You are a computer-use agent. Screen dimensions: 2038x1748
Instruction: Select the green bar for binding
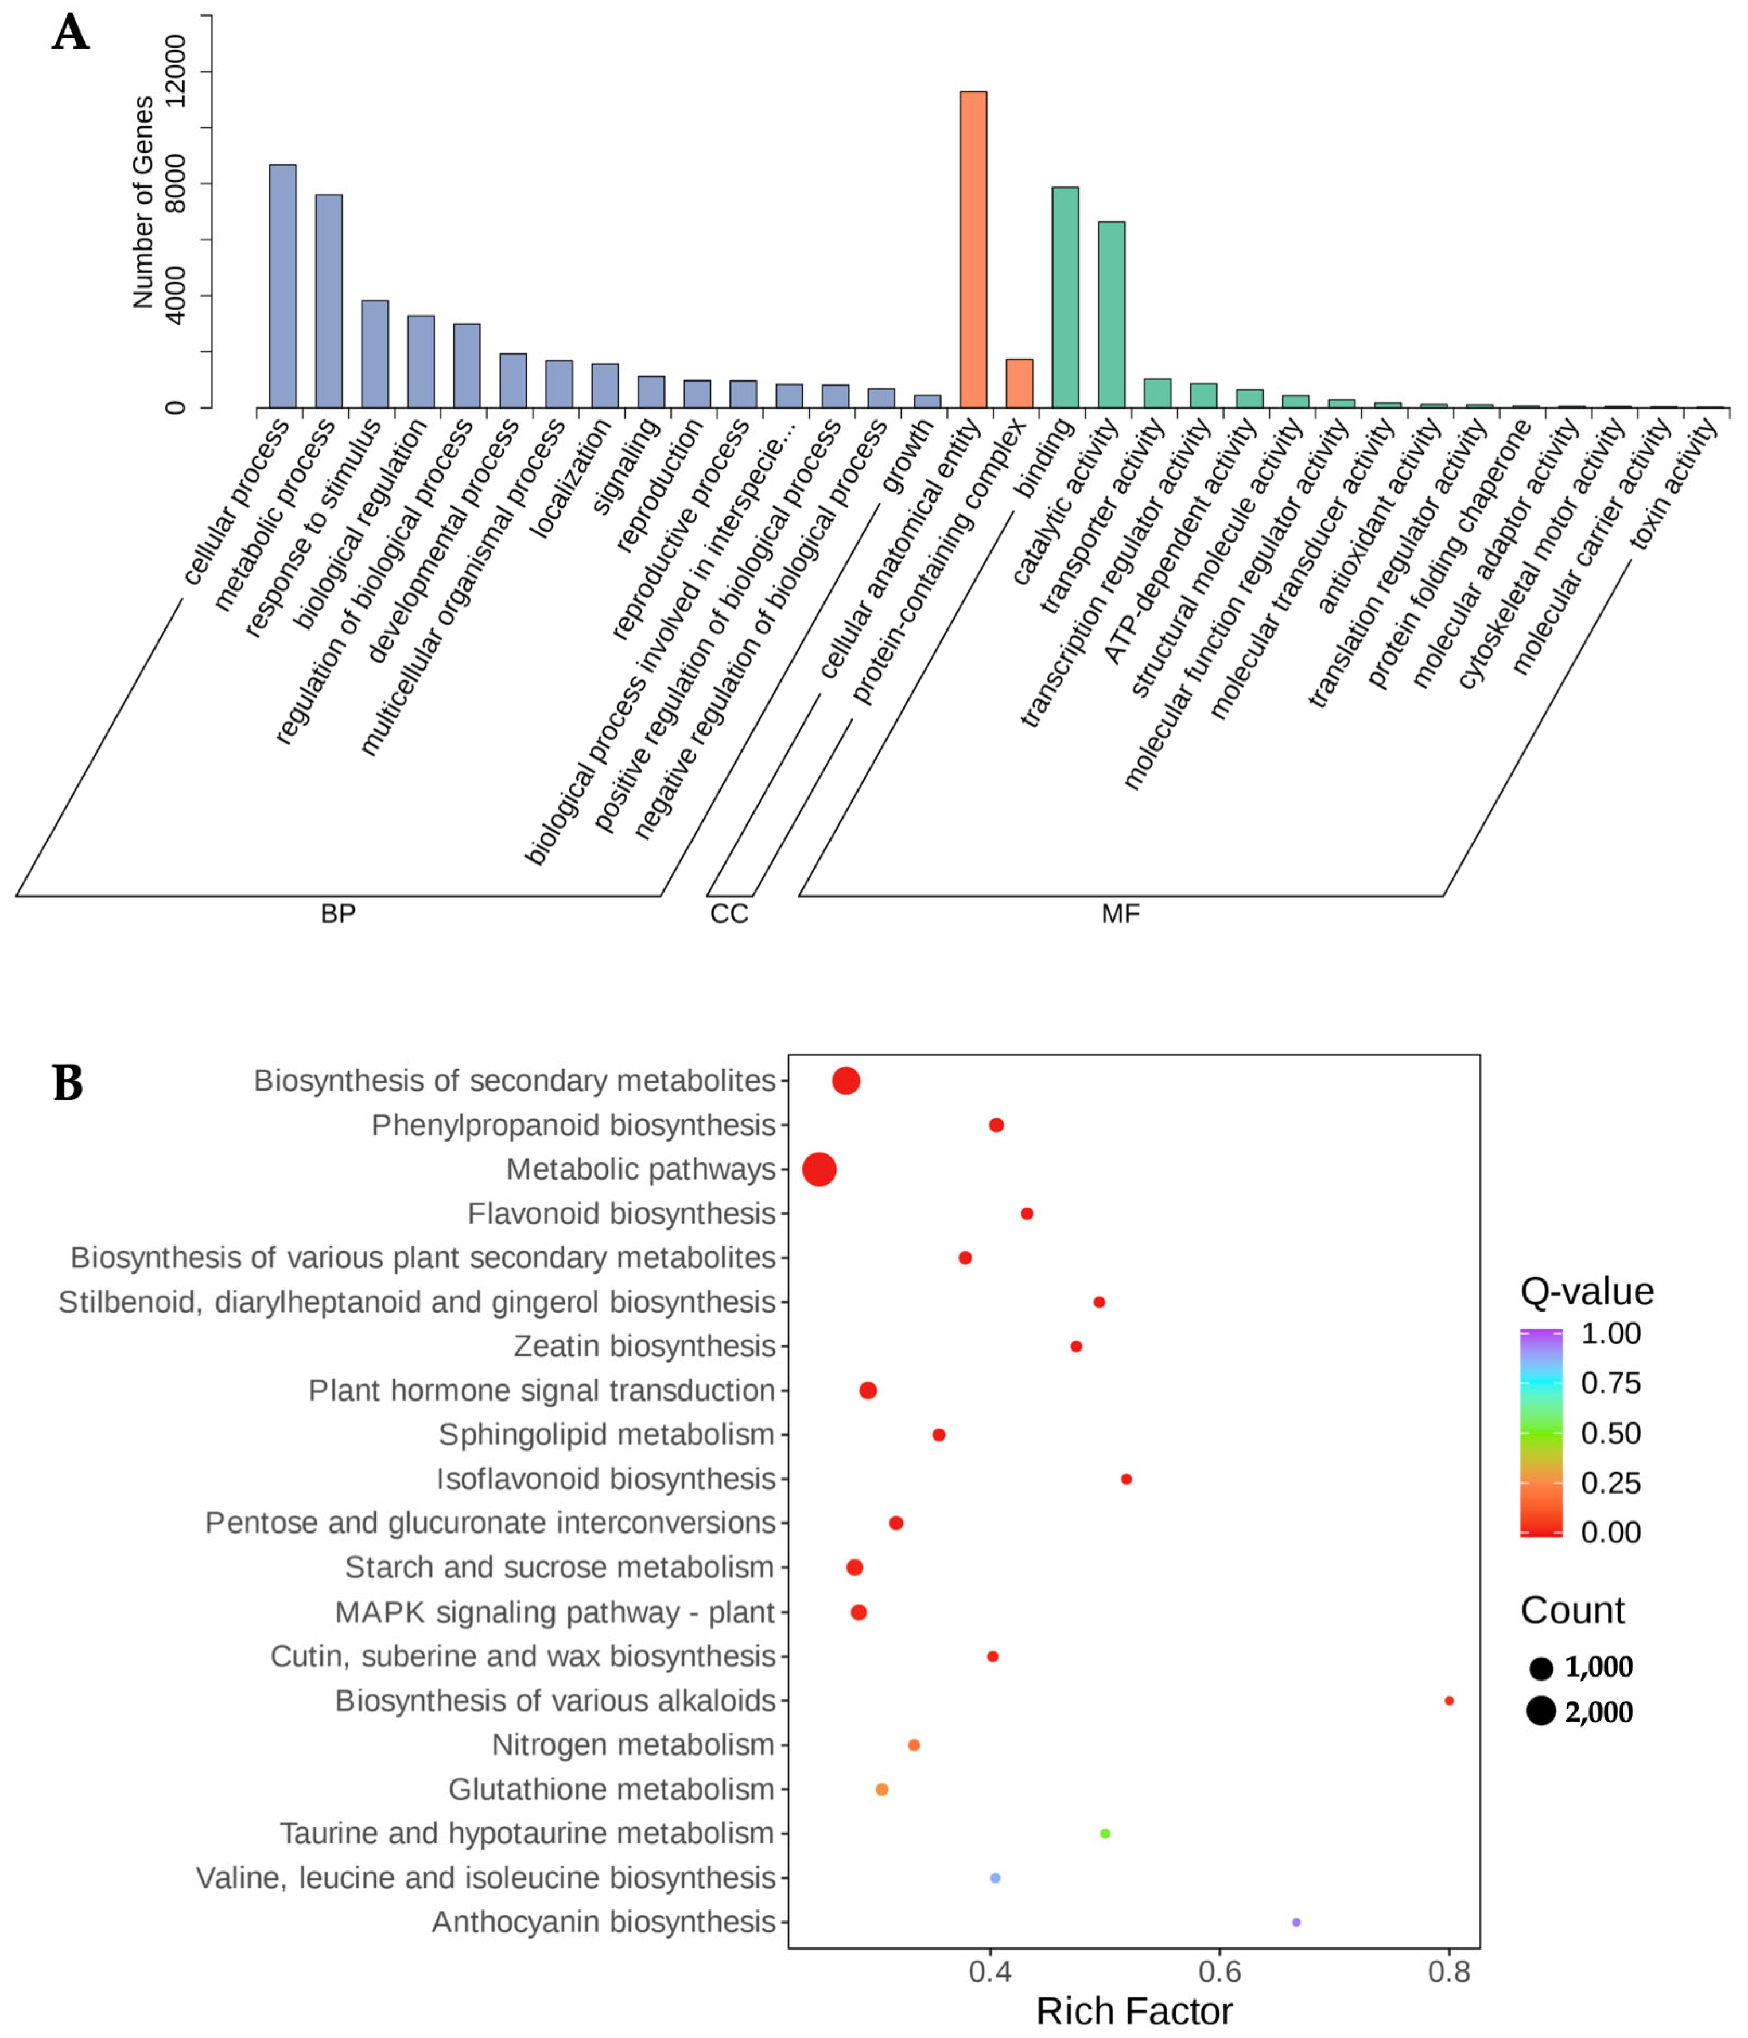[x=1065, y=297]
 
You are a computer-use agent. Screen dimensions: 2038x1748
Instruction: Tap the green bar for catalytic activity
[x=1112, y=315]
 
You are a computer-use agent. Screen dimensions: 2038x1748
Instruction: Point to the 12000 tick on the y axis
[x=175, y=71]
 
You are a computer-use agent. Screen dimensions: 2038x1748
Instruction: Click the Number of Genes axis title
[x=143, y=201]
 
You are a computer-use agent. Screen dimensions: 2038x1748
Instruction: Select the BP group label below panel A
[x=337, y=914]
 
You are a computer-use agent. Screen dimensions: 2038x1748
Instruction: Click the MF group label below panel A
[x=1120, y=914]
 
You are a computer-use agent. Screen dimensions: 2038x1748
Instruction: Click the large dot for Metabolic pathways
[x=819, y=1169]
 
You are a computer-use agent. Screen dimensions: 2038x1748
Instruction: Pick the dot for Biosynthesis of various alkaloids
[x=1449, y=1701]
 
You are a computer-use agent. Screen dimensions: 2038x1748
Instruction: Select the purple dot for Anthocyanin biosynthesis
[x=1296, y=1922]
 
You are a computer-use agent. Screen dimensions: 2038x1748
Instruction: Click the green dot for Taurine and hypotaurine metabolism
[x=1105, y=1833]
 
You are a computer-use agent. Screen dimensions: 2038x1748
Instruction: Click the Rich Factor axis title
[x=1133, y=2012]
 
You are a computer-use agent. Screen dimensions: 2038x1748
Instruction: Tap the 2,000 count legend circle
[x=1541, y=1712]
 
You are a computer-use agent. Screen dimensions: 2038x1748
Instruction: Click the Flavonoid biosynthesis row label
[x=621, y=1214]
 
